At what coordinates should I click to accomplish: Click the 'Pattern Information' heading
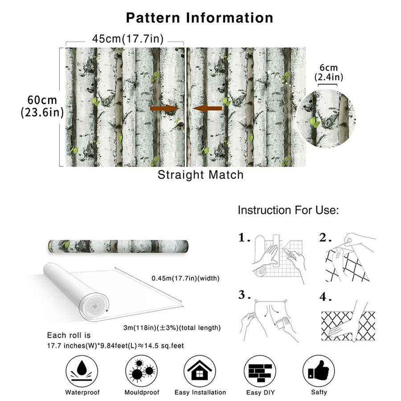(200, 18)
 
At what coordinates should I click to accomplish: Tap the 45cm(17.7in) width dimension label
(128, 39)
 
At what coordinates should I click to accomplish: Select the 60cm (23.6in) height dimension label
(42, 106)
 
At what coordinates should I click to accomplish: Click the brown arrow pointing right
(165, 109)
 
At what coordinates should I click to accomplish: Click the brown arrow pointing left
(207, 109)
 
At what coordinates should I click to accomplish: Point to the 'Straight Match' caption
(200, 175)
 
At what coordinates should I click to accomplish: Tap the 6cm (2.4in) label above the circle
(329, 72)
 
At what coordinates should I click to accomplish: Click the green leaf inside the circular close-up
(314, 122)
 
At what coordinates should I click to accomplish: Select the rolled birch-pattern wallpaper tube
(118, 246)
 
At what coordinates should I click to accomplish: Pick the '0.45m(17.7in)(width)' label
(185, 278)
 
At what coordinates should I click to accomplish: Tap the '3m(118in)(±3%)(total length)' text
(172, 327)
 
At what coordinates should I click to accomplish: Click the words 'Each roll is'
(69, 335)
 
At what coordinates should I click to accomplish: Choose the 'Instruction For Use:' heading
(288, 210)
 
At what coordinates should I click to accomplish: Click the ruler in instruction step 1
(276, 250)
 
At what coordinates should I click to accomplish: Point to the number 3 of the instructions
(242, 295)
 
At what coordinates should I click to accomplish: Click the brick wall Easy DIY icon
(260, 371)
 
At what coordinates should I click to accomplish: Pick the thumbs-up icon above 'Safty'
(319, 371)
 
